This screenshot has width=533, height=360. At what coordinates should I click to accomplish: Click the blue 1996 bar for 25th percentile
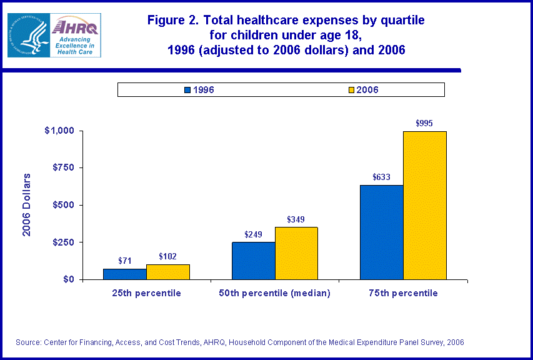coord(124,274)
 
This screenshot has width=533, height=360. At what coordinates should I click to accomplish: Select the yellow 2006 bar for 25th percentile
coord(167,272)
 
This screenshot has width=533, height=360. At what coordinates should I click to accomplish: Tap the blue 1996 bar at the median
coord(253,261)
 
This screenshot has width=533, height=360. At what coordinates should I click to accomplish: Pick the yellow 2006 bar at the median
coord(296,253)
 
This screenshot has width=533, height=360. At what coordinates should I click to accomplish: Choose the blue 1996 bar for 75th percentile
coord(381,232)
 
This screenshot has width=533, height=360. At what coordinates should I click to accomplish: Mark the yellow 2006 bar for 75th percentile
coord(425,205)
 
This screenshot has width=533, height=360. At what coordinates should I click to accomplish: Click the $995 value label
coord(424,123)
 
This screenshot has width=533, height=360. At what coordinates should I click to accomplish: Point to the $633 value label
coord(381,177)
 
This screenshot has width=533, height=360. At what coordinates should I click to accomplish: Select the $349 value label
coord(296,219)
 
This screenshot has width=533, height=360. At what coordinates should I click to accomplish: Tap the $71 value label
coord(124,261)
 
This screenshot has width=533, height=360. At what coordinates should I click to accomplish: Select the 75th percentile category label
coord(402,293)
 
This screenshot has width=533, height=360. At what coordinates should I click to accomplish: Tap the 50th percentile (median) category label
coord(275,293)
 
